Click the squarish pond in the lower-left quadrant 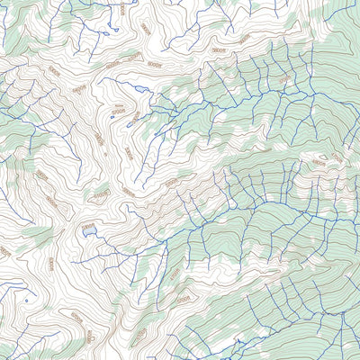88,230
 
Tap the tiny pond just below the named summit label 112,116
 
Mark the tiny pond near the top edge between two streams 106,33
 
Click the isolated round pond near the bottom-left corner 26,300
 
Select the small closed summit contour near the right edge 321,162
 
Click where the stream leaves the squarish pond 94,235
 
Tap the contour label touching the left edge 4,251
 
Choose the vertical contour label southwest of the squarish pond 51,263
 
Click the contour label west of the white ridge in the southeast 184,296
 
